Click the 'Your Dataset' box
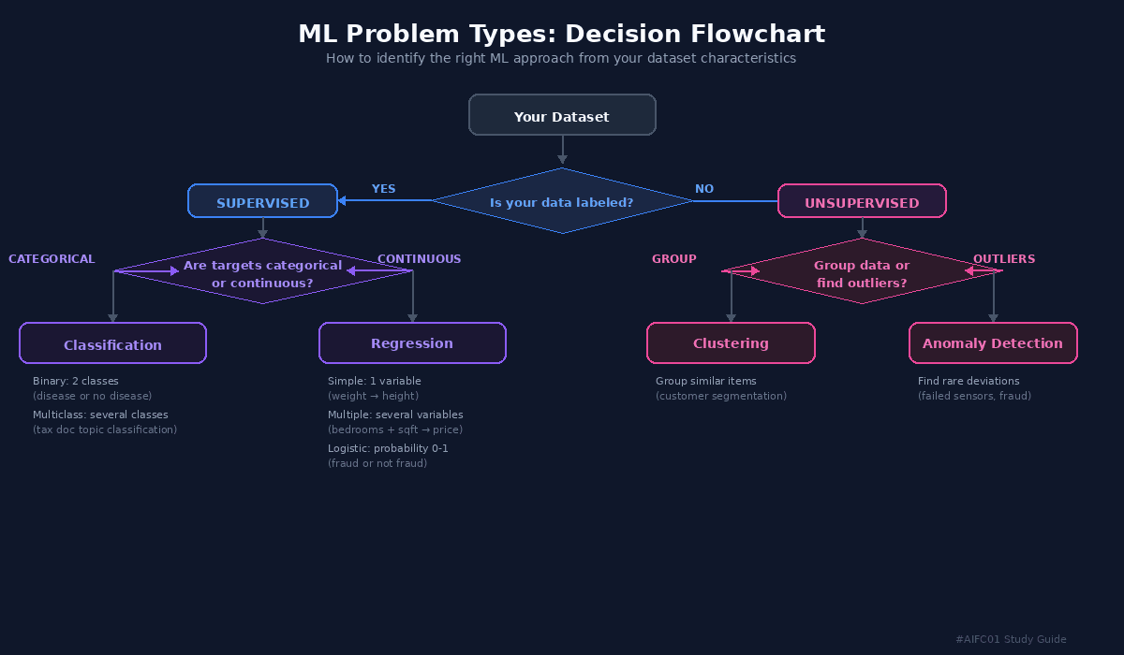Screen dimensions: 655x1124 pos(562,115)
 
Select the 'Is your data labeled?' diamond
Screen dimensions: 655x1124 pos(562,201)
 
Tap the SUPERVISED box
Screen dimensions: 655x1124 pos(262,201)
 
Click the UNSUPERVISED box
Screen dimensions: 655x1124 pos(862,201)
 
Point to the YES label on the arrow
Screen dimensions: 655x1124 pos(383,189)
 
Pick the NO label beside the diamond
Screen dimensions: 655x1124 pos(704,189)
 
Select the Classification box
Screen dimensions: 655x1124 pos(112,343)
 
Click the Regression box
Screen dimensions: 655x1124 pos(412,343)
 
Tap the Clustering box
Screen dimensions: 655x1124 pos(731,343)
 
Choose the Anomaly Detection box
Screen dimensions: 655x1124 pos(993,343)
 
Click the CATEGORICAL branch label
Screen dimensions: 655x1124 pos(52,259)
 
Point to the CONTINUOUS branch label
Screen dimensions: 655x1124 pos(419,259)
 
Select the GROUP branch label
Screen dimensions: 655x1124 pos(674,259)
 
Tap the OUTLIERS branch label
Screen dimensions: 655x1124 pos(1004,259)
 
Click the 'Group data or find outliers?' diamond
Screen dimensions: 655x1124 pos(862,273)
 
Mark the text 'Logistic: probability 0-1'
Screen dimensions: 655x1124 pos(388,448)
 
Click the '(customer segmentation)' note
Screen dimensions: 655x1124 pos(721,396)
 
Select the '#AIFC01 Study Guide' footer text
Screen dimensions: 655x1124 pos(1011,639)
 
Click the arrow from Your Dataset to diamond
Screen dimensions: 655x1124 pos(562,150)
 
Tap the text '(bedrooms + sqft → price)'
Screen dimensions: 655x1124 pos(395,429)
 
